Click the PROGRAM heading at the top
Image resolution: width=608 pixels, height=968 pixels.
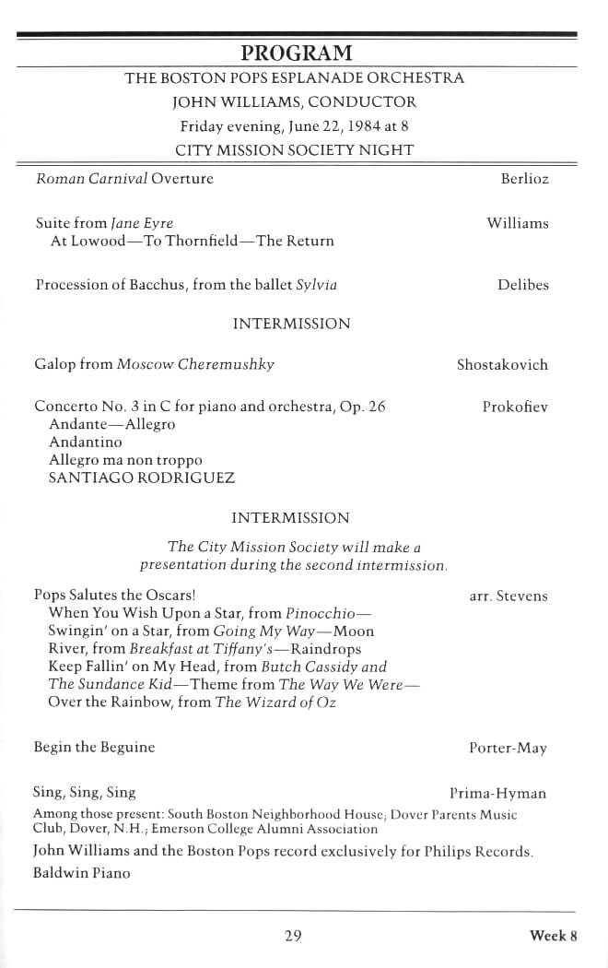[296, 53]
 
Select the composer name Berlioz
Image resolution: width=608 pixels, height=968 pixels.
[524, 179]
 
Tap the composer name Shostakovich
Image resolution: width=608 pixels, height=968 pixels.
[502, 365]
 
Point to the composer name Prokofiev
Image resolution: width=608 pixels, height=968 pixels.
[515, 407]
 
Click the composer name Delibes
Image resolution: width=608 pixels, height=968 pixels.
[523, 286]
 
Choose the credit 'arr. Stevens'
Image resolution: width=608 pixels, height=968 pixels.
[509, 596]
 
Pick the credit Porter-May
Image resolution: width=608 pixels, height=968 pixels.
[508, 749]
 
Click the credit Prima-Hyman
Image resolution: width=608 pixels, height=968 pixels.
[497, 794]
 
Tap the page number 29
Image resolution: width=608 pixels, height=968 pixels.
[294, 937]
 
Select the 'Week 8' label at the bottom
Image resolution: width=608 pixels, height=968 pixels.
[553, 937]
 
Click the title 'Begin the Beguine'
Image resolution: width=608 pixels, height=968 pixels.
[94, 748]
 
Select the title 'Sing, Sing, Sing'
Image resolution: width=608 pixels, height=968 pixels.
[85, 793]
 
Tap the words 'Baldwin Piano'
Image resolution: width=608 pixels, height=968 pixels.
[82, 872]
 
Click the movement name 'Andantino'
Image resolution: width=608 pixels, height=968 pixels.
[85, 443]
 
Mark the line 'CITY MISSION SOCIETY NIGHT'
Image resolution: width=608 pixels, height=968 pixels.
[295, 150]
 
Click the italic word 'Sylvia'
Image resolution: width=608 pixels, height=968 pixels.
[316, 286]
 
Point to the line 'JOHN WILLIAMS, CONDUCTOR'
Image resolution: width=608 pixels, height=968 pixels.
[295, 102]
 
